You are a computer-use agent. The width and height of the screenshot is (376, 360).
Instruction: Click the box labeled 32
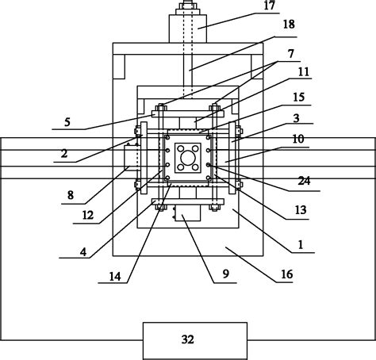(188, 339)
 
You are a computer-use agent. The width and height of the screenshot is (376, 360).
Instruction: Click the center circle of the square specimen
(188, 159)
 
